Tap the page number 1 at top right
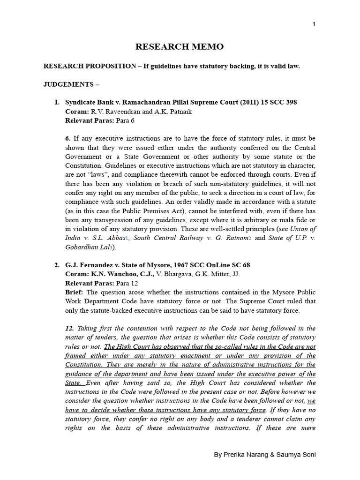(314, 25)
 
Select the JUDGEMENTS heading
(68, 84)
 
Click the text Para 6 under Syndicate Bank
(125, 120)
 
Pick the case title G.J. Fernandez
(92, 265)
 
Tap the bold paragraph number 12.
(69, 328)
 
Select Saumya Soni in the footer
(299, 455)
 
